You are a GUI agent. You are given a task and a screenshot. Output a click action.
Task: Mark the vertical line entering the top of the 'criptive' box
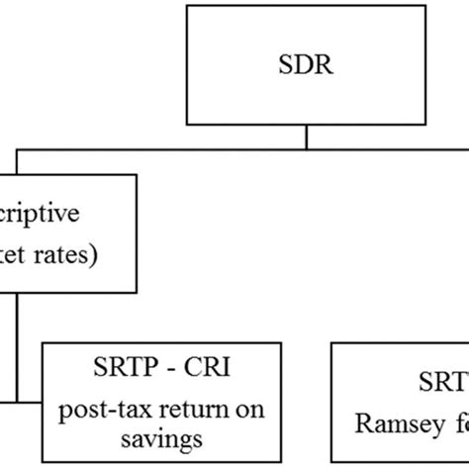[x=14, y=161]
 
